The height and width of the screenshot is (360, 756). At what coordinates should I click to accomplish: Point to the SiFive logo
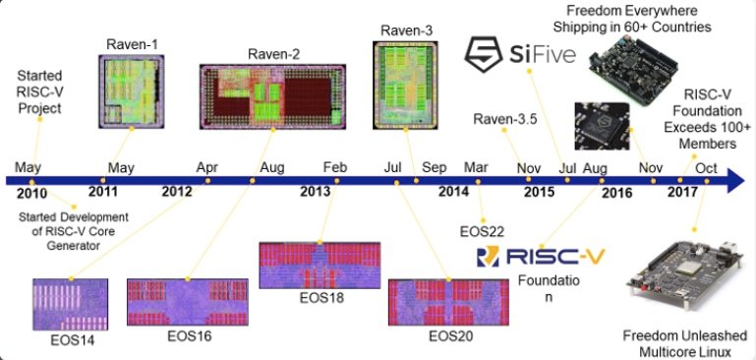pyautogui.click(x=520, y=53)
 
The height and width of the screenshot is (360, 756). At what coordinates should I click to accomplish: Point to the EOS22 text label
pyautogui.click(x=484, y=231)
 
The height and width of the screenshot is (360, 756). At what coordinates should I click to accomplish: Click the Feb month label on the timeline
pyautogui.click(x=334, y=166)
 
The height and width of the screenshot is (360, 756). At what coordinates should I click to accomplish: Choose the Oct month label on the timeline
pyautogui.click(x=706, y=167)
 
